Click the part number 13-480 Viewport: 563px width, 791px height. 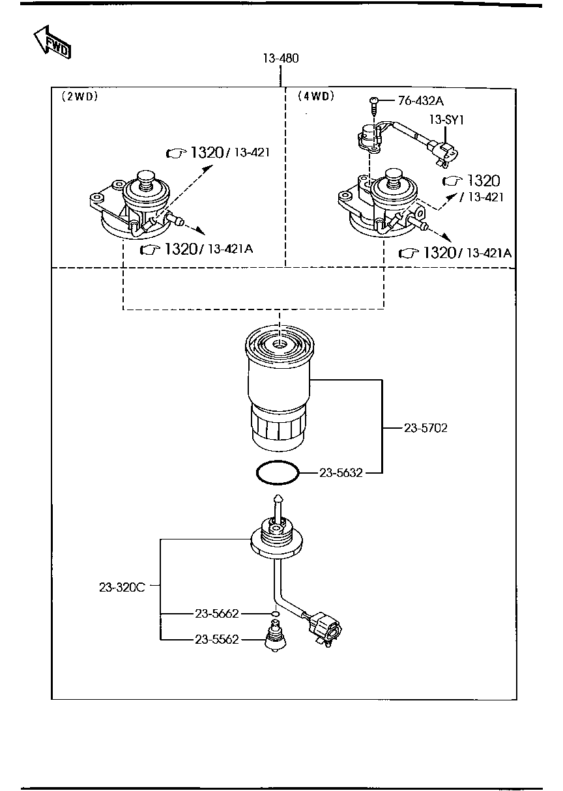pyautogui.click(x=281, y=59)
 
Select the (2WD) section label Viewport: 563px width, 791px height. pyautogui.click(x=79, y=96)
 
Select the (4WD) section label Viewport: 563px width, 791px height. pyautogui.click(x=315, y=96)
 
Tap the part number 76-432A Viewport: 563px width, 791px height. pyautogui.click(x=421, y=101)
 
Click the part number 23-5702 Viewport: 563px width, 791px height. pyautogui.click(x=426, y=428)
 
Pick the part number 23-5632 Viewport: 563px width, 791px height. pyautogui.click(x=340, y=473)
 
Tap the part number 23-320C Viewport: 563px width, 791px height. pyautogui.click(x=122, y=586)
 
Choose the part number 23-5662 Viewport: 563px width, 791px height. pyautogui.click(x=217, y=614)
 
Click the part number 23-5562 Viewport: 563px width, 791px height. pyautogui.click(x=217, y=640)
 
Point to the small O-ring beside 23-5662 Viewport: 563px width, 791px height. pyautogui.click(x=276, y=614)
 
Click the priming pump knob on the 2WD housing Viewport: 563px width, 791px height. pyautogui.click(x=145, y=179)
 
